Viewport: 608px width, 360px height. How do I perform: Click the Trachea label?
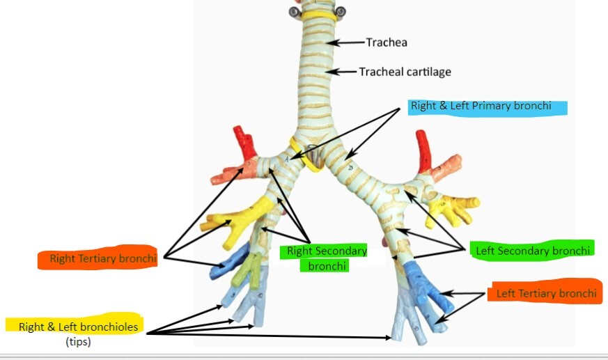coord(387,42)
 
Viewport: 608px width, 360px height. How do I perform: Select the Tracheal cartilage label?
coord(405,72)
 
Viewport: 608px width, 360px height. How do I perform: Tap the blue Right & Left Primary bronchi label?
coord(481,107)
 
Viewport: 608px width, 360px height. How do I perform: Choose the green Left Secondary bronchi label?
coord(533,250)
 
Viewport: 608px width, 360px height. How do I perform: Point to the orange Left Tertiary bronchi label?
coord(546,293)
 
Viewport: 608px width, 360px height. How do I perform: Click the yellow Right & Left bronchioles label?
coord(78,326)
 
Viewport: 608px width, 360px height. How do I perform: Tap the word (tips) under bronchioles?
coord(78,341)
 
